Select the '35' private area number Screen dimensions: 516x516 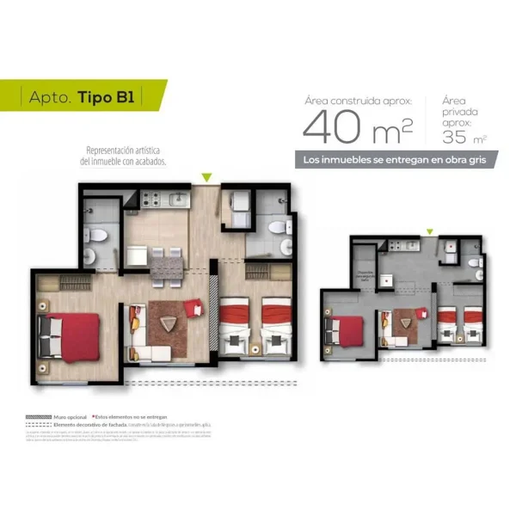click(x=456, y=135)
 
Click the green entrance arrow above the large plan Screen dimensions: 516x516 click(x=206, y=178)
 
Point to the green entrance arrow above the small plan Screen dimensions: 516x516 click(x=429, y=231)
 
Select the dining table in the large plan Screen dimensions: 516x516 click(x=166, y=267)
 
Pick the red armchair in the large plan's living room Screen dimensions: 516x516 click(x=192, y=306)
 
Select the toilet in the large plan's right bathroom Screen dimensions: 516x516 click(x=278, y=227)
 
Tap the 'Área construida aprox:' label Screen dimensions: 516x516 click(x=357, y=101)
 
